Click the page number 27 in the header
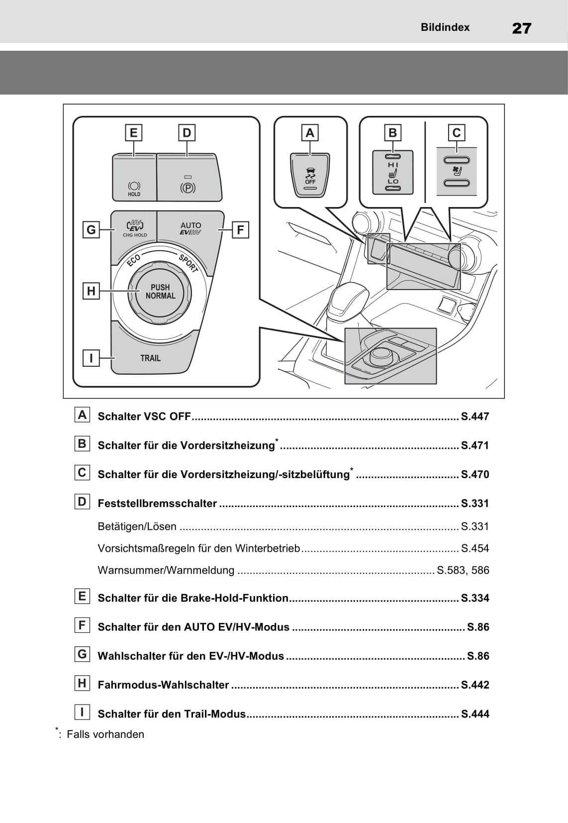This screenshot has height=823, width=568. click(x=521, y=28)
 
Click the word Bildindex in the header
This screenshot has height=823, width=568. click(x=445, y=27)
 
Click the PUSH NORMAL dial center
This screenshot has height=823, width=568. click(x=160, y=292)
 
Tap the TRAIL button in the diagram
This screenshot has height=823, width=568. click(x=150, y=358)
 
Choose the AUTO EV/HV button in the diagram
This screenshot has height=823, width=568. click(x=190, y=229)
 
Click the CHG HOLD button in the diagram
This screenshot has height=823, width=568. click(x=134, y=228)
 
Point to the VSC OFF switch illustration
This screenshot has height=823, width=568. click(x=310, y=175)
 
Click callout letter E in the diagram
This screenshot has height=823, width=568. click(x=133, y=133)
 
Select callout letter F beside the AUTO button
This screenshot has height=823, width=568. click(x=240, y=230)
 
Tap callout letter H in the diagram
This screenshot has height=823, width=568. click(x=91, y=291)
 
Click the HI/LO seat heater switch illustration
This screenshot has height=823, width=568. click(x=393, y=172)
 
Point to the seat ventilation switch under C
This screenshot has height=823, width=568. click(x=457, y=171)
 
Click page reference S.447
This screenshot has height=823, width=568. click(x=474, y=416)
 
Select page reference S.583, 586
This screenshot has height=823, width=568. click(x=463, y=570)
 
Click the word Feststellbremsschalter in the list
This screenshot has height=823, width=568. click(x=157, y=504)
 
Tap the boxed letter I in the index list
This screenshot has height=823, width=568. click(x=82, y=712)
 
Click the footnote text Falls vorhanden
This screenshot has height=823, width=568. click(x=105, y=734)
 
